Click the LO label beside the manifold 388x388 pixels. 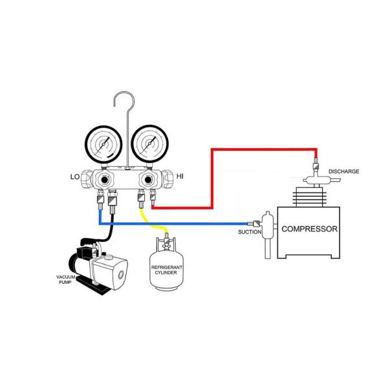point(75,176)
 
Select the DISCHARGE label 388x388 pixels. point(343,171)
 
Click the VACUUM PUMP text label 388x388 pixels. point(66,279)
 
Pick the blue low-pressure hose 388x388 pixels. point(181,223)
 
